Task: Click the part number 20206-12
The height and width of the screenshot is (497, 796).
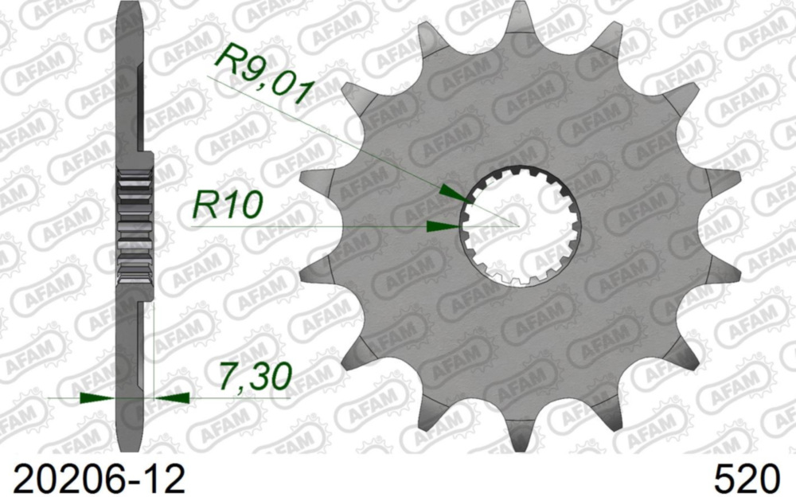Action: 93,478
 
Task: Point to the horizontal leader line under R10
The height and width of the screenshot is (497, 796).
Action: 318,227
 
